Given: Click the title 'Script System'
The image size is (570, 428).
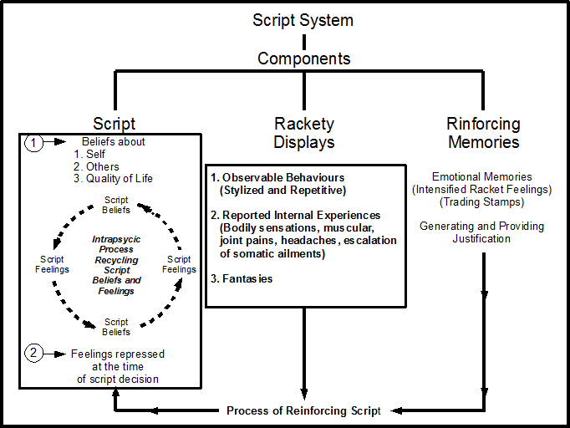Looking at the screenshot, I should (303, 19).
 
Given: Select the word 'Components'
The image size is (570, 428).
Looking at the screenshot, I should (303, 59).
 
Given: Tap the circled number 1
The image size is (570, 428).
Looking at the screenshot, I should (33, 142).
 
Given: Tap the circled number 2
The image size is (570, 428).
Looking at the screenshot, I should (33, 354).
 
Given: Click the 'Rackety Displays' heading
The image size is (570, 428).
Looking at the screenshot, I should (304, 133).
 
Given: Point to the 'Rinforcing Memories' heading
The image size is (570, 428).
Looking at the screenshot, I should (484, 133).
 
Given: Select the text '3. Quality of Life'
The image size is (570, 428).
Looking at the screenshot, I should (114, 178).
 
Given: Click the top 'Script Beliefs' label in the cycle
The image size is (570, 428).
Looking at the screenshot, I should (116, 205).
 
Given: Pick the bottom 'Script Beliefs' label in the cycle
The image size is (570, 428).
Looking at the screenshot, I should (116, 327).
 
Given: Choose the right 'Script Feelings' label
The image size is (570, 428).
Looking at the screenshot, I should (179, 264).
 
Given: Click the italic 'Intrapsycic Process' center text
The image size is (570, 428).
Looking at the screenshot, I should (116, 244).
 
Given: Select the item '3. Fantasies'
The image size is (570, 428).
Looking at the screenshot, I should (242, 278).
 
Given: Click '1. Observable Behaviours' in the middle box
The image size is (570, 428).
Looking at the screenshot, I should (277, 178).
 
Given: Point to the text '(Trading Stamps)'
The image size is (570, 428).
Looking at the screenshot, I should (483, 203).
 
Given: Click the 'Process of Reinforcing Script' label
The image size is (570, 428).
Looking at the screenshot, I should (303, 410).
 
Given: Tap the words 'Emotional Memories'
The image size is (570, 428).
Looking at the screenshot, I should (483, 177).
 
